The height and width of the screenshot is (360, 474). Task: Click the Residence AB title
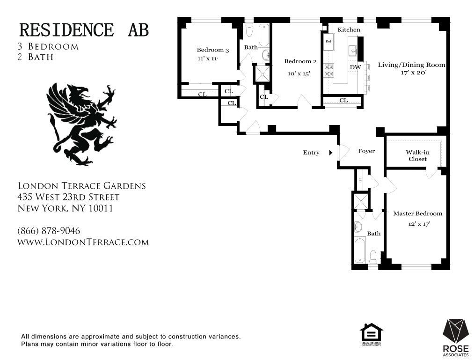tap(84, 29)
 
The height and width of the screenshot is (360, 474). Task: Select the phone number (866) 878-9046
tap(49, 231)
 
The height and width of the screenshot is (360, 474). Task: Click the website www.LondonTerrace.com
tap(83, 242)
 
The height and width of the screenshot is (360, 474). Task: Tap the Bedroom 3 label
tap(212, 50)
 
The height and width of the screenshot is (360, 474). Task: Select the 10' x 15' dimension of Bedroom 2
tap(299, 73)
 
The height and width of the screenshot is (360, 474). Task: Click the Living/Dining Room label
tap(412, 65)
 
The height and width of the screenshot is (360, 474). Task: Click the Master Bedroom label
tap(417, 213)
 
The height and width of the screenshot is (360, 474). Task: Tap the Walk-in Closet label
tap(417, 155)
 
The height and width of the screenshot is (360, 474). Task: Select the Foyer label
tap(366, 151)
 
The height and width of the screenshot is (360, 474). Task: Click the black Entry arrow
tap(331, 153)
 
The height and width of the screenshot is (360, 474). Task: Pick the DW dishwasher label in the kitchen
tap(355, 67)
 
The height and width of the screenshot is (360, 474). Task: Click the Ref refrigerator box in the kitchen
tap(328, 41)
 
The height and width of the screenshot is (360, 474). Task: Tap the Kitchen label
tap(349, 29)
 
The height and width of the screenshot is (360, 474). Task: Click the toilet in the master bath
tap(373, 256)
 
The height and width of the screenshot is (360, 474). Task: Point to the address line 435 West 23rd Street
tap(68, 197)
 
